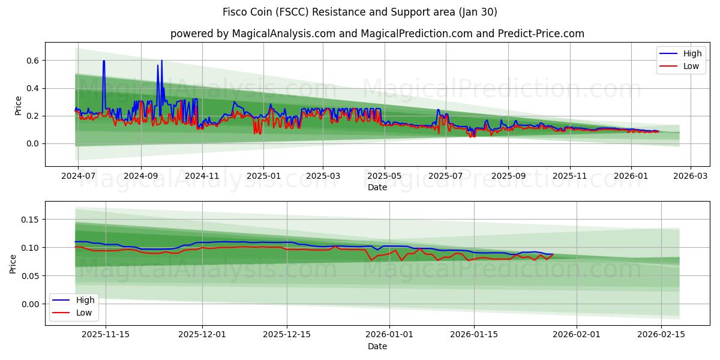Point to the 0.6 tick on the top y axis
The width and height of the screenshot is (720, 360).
pyautogui.click(x=32, y=61)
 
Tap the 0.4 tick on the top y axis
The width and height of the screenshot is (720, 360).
pyautogui.click(x=32, y=88)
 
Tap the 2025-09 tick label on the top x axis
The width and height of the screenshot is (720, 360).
pyautogui.click(x=508, y=177)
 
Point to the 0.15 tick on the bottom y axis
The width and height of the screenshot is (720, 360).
pyautogui.click(x=29, y=220)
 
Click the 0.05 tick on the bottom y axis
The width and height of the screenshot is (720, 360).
pyautogui.click(x=29, y=276)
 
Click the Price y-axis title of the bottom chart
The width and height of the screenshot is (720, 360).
pyautogui.click(x=13, y=263)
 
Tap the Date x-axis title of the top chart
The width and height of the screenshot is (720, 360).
pyautogui.click(x=377, y=187)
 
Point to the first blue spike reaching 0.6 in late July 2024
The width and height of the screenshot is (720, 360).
pyautogui.click(x=103, y=61)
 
